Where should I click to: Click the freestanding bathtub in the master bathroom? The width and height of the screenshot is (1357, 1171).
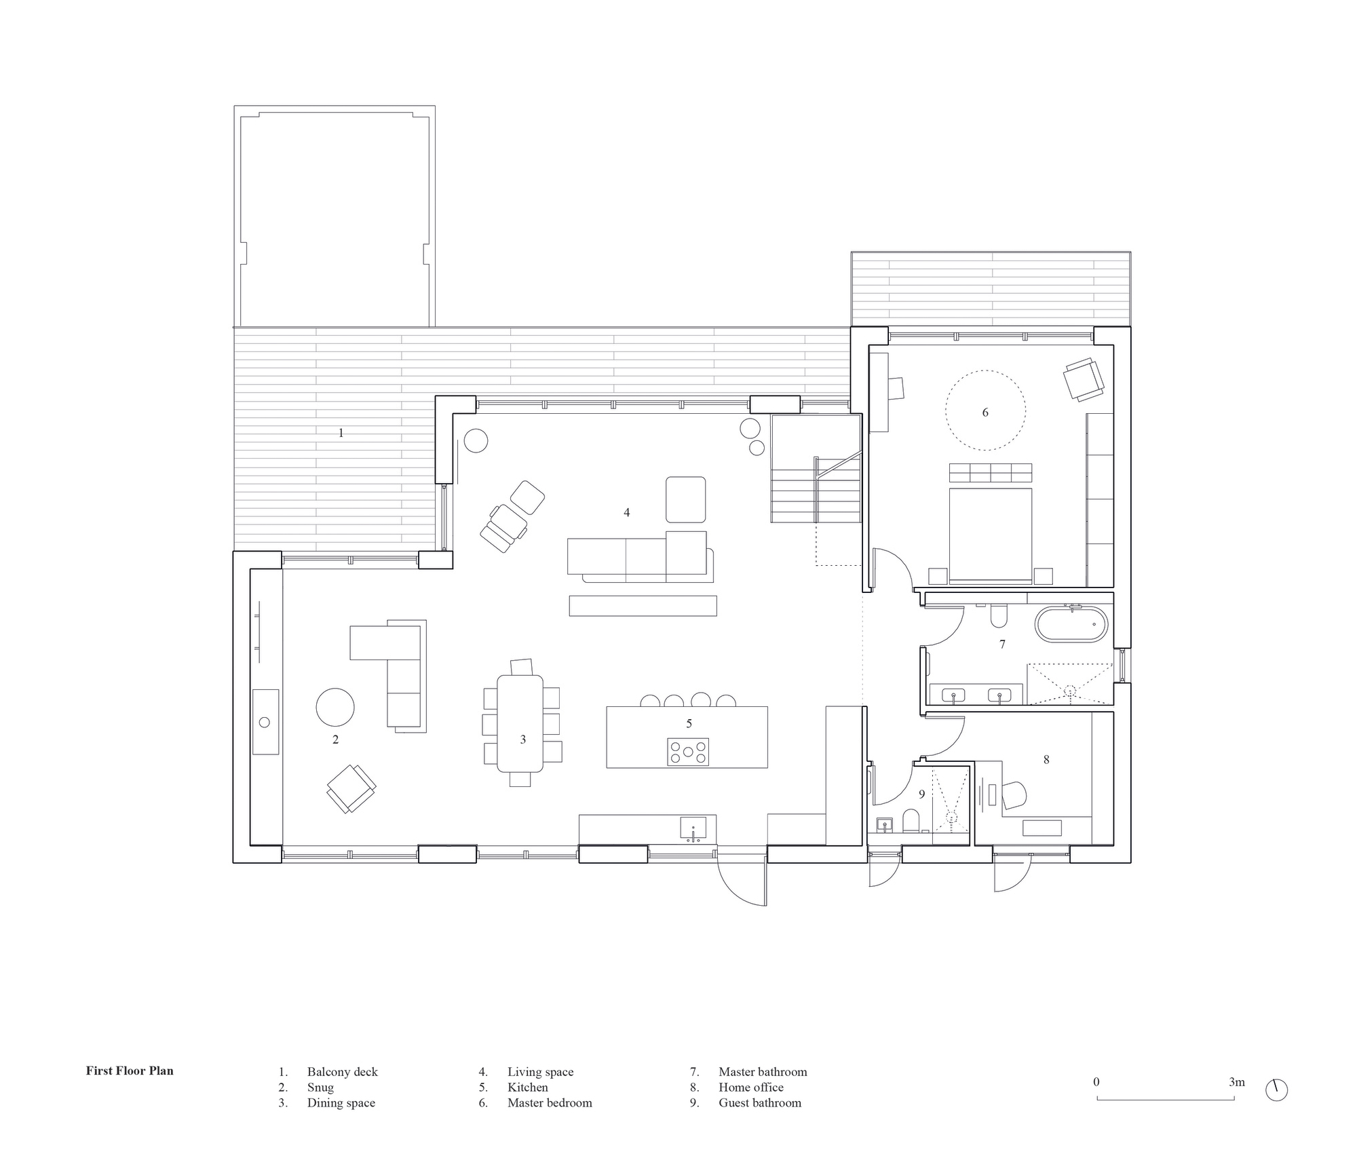click(x=1071, y=625)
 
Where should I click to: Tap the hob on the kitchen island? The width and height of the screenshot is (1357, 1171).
click(x=688, y=752)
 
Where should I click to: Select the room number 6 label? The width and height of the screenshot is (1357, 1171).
click(x=985, y=412)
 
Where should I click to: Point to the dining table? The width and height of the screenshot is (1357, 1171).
click(x=520, y=723)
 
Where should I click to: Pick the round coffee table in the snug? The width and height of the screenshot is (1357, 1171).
click(x=335, y=707)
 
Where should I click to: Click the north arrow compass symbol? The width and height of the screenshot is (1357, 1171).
click(x=1276, y=1090)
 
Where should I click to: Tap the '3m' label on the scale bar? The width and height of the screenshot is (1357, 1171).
click(x=1237, y=1082)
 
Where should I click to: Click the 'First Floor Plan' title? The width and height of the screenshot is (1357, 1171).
click(x=130, y=1071)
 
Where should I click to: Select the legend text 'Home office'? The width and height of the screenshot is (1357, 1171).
click(x=751, y=1087)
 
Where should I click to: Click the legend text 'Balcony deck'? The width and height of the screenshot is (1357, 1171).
click(x=342, y=1072)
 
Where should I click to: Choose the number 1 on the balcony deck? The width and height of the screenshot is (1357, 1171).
click(x=341, y=432)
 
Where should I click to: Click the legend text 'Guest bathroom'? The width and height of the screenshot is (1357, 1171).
click(x=760, y=1102)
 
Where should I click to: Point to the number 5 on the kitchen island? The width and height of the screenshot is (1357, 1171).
click(x=689, y=724)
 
